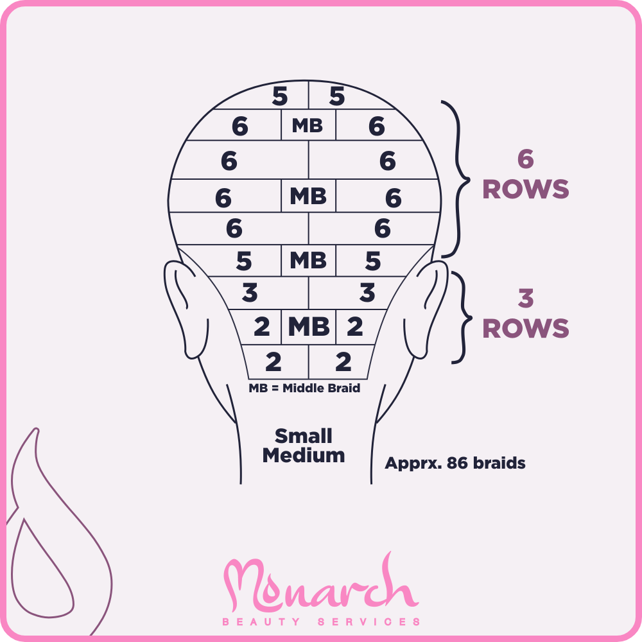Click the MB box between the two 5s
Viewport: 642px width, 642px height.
(308, 261)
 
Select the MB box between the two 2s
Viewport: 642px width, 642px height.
(308, 327)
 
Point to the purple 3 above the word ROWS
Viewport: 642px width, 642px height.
(526, 299)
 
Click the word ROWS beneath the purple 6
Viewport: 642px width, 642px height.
(526, 189)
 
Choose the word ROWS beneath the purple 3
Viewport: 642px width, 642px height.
(526, 328)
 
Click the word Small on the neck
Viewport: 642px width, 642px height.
(304, 437)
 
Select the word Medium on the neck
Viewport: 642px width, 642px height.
(304, 456)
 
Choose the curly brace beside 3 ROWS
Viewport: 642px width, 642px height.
(460, 317)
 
